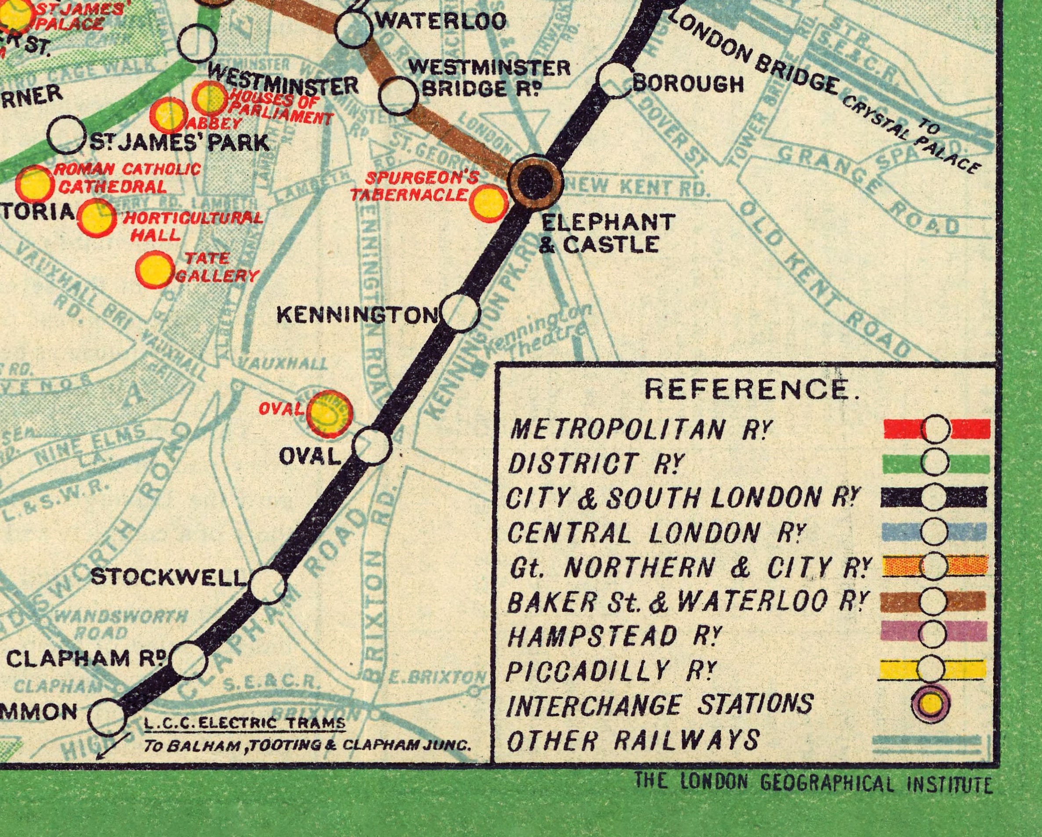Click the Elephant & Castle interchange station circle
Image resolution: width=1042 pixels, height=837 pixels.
click(x=536, y=180)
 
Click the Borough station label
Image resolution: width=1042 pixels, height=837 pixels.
click(x=688, y=84)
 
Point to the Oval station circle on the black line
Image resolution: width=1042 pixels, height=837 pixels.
click(x=372, y=446)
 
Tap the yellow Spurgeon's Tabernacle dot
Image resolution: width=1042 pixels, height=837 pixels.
click(x=488, y=204)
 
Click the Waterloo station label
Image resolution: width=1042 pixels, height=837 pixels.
click(x=441, y=21)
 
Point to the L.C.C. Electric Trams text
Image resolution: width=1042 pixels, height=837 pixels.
click(x=245, y=724)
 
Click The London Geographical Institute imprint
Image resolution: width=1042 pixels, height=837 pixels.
click(x=813, y=783)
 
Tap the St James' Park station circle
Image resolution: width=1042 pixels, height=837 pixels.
click(x=68, y=136)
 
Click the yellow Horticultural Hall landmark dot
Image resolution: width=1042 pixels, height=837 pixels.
click(x=97, y=219)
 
